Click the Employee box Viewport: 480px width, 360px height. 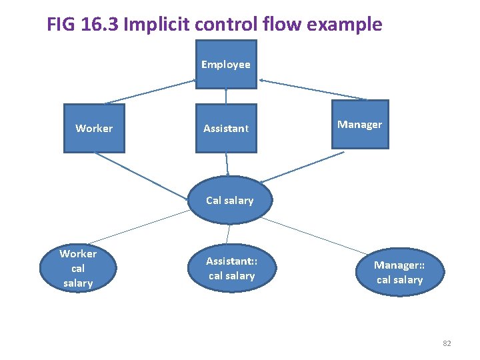226,65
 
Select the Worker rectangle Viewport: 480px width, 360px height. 94,128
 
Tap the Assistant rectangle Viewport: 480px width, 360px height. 226,128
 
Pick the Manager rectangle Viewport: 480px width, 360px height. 359,125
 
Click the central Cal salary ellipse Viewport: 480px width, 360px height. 230,200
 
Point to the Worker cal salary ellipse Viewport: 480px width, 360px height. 78,268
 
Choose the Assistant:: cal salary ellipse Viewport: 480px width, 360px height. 231,269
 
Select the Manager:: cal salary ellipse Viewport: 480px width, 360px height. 399,273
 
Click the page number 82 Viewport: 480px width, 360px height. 447,343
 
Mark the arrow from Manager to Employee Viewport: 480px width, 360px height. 313,90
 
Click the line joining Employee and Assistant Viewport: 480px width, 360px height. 226,97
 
